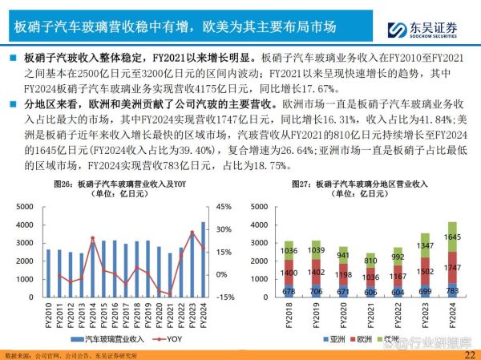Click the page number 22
[x=469, y=354]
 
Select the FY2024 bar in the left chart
[x=204, y=258]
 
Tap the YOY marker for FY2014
[x=93, y=238]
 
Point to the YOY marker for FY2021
[x=170, y=294]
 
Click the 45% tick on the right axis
[x=224, y=207]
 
